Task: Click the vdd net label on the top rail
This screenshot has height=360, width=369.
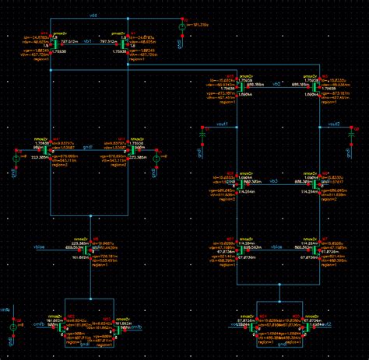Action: pos(93,15)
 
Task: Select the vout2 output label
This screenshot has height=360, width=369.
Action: pos(334,125)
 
